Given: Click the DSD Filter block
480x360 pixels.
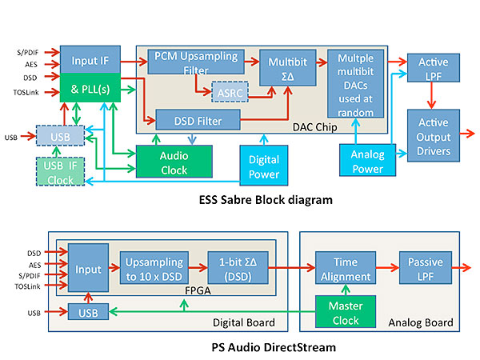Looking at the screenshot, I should click(198, 121).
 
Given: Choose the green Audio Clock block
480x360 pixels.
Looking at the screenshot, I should click(174, 162).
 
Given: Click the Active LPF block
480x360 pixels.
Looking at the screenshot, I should click(434, 68).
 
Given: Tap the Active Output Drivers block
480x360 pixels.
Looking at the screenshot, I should click(434, 134).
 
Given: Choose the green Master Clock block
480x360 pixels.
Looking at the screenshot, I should click(344, 310).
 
